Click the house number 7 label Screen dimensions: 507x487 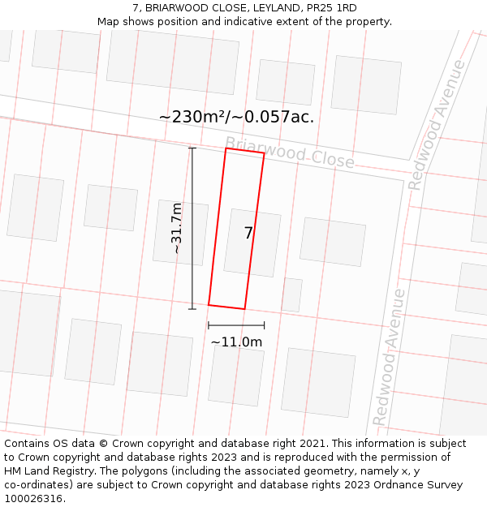pos(248,233)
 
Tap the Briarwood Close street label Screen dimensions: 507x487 pos(289,153)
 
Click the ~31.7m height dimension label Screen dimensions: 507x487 pos(177,228)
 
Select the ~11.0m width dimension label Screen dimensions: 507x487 pos(236,342)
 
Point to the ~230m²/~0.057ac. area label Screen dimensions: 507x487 pos(236,117)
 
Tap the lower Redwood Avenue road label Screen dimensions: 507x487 pos(389,357)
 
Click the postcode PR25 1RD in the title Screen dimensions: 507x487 pos(331,8)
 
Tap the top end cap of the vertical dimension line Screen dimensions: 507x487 pos(192,148)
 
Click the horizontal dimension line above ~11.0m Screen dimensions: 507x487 pos(236,325)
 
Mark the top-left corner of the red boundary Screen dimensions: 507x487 pos(226,148)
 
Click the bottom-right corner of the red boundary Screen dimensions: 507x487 pos(244,309)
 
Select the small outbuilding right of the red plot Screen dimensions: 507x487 pos(292,294)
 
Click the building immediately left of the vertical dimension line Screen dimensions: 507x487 pos(180,233)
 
